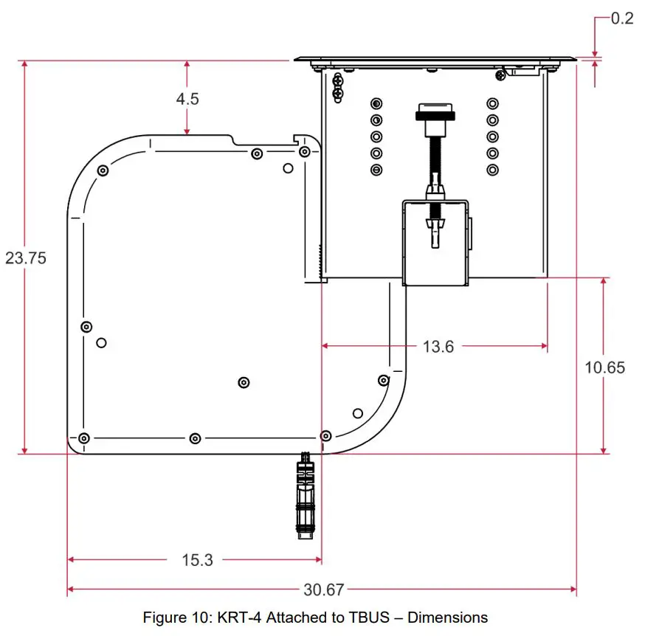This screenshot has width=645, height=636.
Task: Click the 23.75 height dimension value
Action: (25, 258)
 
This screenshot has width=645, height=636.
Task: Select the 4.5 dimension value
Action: (187, 98)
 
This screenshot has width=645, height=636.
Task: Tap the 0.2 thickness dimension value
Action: (622, 18)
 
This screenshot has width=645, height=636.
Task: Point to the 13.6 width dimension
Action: (438, 345)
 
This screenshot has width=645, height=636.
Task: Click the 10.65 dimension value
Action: (604, 367)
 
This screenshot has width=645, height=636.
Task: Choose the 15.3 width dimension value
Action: (197, 560)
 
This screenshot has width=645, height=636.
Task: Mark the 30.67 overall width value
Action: (323, 590)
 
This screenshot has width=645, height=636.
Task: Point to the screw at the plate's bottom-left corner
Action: (83, 438)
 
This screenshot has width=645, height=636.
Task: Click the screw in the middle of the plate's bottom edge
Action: (194, 438)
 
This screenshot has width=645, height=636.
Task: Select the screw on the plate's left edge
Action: (86, 327)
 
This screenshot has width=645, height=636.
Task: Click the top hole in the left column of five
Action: (376, 103)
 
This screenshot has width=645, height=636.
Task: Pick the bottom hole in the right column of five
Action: (492, 170)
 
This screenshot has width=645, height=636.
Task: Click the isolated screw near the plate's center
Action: (244, 382)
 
